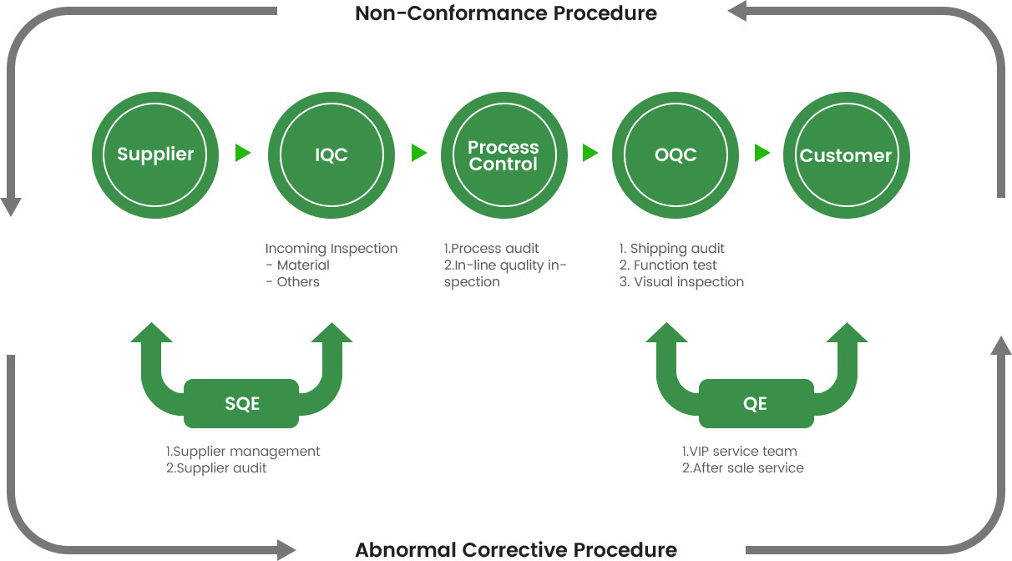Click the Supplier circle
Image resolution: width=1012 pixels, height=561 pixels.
tap(155, 155)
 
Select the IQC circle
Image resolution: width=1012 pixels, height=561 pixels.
tap(331, 155)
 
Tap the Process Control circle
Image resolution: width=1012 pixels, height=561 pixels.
tap(504, 155)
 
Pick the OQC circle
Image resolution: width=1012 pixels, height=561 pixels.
tap(676, 155)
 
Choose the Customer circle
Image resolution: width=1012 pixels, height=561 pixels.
tap(847, 155)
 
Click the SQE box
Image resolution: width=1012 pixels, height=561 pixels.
tap(241, 403)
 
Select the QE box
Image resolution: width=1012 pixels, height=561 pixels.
tap(756, 403)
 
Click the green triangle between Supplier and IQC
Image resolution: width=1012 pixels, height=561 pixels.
tap(243, 153)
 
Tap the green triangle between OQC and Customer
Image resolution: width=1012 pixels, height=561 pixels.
tap(762, 153)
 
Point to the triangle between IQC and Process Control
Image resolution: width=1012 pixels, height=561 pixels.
tap(419, 153)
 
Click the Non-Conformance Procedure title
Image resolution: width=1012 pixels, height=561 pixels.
tap(506, 13)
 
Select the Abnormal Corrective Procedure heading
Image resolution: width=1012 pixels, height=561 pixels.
tap(516, 549)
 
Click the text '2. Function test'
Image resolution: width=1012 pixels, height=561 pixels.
tap(668, 265)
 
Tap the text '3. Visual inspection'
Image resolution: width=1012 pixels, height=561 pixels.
tap(681, 282)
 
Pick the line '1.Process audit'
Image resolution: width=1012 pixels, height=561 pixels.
tap(491, 249)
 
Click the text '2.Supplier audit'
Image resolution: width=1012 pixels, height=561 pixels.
tap(216, 468)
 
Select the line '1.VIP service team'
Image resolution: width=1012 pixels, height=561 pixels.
tap(739, 452)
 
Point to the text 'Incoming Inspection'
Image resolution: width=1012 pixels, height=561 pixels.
tap(331, 249)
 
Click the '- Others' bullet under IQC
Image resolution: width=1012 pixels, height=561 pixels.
tap(292, 282)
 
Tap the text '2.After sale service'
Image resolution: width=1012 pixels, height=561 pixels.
tap(743, 468)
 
